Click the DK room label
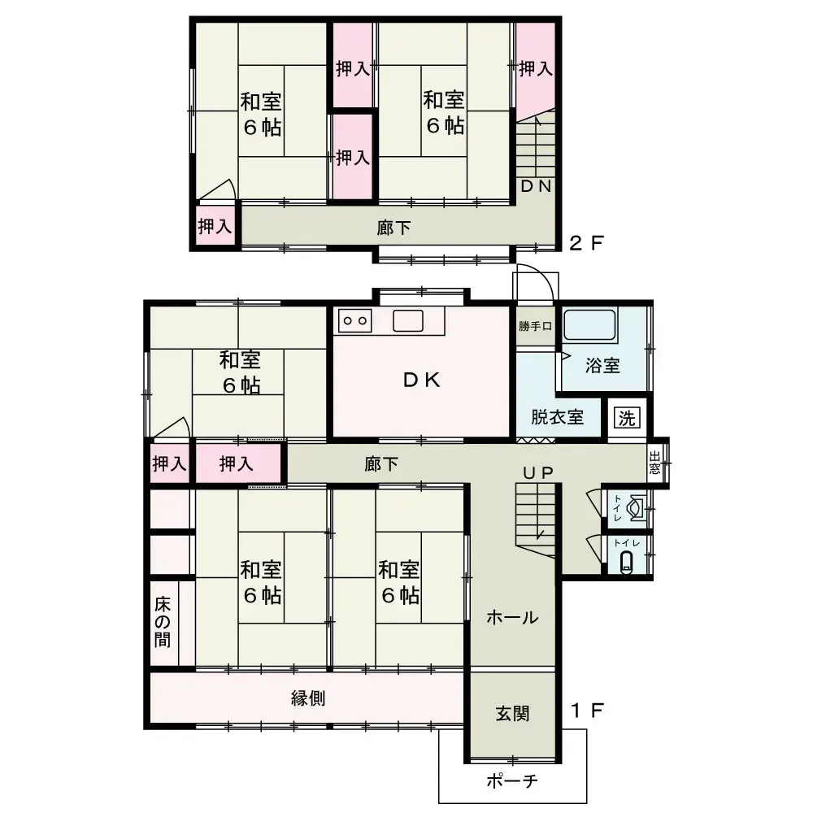point(421,380)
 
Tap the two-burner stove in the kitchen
point(355,320)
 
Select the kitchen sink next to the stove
point(408,320)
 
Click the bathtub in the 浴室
point(589,325)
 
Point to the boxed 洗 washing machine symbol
point(627,417)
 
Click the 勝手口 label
point(535,326)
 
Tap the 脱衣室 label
point(558,417)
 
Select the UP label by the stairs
point(537,472)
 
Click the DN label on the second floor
point(536,186)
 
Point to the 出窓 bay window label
point(654,463)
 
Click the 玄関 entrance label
point(512,714)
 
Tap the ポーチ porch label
point(512,780)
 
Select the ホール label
point(512,618)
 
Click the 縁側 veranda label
point(308,698)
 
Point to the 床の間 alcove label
point(163,622)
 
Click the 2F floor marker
point(586,242)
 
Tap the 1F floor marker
point(586,710)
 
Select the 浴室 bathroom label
point(602,366)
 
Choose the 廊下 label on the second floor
point(393,228)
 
